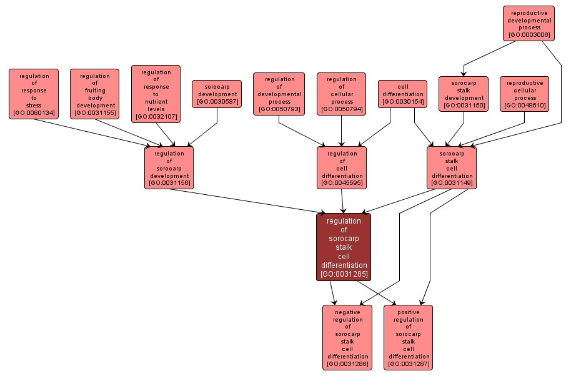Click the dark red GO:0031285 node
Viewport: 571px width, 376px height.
[x=344, y=247]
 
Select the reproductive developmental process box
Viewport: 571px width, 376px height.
[x=529, y=24]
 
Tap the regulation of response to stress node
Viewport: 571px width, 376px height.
[x=34, y=94]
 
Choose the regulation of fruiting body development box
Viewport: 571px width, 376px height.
[x=95, y=94]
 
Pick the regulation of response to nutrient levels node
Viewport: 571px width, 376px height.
[x=156, y=94]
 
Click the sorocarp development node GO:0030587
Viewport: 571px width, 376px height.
[x=217, y=94]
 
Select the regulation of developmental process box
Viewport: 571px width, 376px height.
[x=279, y=94]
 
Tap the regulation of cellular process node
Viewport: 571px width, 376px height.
[x=341, y=94]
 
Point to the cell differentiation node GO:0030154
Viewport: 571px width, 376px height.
[x=402, y=94]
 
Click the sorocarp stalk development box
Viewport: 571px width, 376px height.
[x=464, y=94]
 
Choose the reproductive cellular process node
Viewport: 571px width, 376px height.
[x=525, y=94]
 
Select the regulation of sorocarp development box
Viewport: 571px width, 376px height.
[x=169, y=167]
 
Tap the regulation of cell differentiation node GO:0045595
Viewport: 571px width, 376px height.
[x=342, y=167]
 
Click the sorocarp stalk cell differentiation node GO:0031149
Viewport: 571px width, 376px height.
[x=452, y=167]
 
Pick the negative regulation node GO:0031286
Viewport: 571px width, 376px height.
[x=347, y=337]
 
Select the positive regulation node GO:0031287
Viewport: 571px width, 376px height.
[x=408, y=337]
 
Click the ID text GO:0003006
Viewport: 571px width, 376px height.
[x=529, y=35]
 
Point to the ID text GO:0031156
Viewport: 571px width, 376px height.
[x=169, y=183]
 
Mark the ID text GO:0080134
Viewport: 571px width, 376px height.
[x=34, y=113]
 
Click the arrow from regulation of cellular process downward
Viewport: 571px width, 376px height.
[x=341, y=131]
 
